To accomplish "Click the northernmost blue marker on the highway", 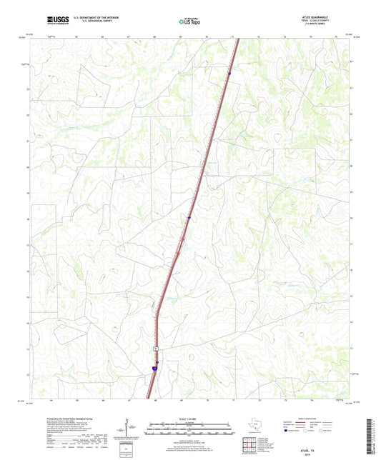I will [229, 72].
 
